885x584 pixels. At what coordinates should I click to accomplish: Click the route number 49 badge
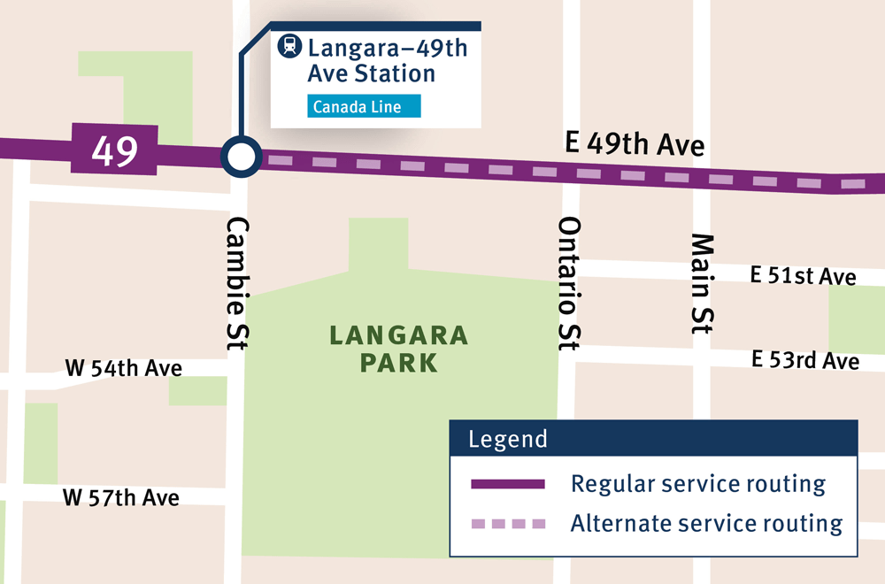click(114, 151)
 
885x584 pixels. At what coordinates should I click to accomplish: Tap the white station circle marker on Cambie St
click(241, 158)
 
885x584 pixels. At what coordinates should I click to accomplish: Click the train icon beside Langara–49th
click(289, 46)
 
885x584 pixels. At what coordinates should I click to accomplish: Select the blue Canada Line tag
click(364, 107)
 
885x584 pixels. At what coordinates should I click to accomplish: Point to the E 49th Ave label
click(634, 142)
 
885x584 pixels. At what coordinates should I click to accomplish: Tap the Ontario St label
click(568, 283)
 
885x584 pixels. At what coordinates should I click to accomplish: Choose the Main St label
click(701, 283)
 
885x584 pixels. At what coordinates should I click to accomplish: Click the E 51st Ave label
click(803, 276)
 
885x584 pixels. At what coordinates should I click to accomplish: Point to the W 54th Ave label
click(124, 367)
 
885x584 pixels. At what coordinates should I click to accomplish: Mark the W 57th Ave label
click(121, 497)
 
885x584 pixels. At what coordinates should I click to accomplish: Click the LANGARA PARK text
click(398, 349)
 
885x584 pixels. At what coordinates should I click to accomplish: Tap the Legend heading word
click(508, 439)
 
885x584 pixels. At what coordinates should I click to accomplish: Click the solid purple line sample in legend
click(507, 484)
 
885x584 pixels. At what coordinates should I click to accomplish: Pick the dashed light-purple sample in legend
click(507, 524)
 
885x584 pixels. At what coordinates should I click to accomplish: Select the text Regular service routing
click(698, 484)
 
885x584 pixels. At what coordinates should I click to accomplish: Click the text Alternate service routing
click(706, 523)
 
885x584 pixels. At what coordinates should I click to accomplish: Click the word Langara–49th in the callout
click(388, 47)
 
